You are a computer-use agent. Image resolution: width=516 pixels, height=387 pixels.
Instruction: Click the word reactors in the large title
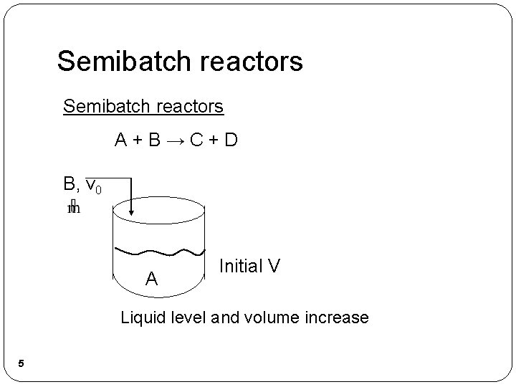[x=251, y=62]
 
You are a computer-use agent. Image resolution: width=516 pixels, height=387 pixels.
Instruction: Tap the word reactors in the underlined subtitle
[x=187, y=107]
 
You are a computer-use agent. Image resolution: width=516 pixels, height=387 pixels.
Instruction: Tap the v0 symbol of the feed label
[x=93, y=186]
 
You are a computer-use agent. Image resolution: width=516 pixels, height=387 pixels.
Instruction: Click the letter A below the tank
[x=152, y=278]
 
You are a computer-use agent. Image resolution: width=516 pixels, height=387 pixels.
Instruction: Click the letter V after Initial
[x=274, y=267]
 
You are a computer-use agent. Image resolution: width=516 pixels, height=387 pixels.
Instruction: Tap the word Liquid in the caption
[x=141, y=316]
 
